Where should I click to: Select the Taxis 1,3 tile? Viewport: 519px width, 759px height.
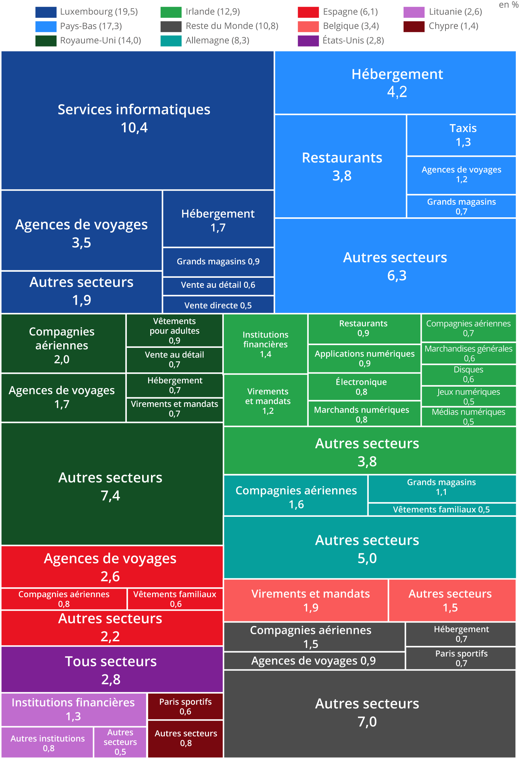coord(461,135)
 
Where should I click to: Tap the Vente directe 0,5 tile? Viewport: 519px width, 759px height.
coord(218,305)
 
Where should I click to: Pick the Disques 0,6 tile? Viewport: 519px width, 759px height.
coord(468,374)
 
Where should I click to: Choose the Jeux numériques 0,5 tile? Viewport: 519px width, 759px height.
coord(468,396)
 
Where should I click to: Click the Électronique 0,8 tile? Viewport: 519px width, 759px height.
coord(364,387)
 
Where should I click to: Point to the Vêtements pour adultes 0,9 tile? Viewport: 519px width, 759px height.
coord(174,330)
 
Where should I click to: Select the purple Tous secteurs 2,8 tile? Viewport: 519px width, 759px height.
coord(112,669)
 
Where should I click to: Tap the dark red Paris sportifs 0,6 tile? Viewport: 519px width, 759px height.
coord(185,706)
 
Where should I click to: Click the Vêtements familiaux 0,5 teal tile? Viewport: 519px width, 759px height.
coord(442,509)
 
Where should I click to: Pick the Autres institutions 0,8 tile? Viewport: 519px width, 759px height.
coord(48,743)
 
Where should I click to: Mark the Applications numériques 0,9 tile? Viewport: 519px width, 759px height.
coord(364,358)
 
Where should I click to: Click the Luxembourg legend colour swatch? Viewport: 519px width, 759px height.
coord(46,12)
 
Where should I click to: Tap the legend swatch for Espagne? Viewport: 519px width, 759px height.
coord(308,12)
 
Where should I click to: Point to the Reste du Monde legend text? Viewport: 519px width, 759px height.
coord(232,26)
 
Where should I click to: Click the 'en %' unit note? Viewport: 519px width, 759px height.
coord(508,5)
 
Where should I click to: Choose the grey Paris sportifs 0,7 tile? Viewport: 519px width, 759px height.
coord(461,658)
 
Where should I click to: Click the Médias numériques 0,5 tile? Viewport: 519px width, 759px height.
coord(468,416)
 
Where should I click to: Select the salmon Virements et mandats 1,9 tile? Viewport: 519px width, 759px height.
coord(306,600)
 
